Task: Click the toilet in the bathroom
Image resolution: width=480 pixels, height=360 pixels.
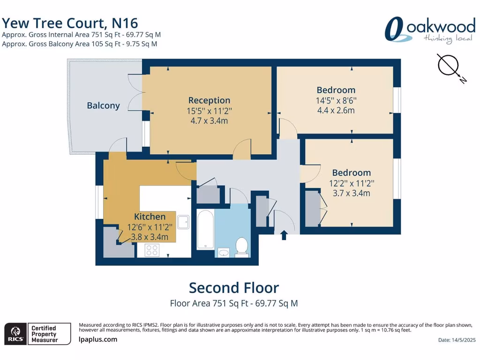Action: (x=241, y=247)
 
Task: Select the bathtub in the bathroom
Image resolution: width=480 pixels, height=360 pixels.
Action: (x=206, y=230)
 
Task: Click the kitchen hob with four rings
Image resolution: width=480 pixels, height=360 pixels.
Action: (x=152, y=250)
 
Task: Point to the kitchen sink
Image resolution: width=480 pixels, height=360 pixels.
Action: (x=183, y=222)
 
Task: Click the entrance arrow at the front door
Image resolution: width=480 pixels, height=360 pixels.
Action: (x=284, y=234)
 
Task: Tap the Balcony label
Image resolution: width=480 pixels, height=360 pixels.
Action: (x=103, y=105)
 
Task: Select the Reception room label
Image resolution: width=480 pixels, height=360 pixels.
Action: (x=209, y=100)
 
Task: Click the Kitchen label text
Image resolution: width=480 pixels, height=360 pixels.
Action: (x=150, y=217)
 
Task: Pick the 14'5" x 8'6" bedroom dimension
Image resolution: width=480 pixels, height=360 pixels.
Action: (x=336, y=100)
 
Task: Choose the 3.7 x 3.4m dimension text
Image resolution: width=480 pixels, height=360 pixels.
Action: (x=351, y=193)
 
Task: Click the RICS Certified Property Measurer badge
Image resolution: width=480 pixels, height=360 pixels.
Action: (x=37, y=334)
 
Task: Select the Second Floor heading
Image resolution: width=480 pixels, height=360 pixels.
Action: (x=233, y=287)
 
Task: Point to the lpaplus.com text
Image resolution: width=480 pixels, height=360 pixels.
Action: (x=98, y=339)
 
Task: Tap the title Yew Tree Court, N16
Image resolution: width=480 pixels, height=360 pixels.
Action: (x=70, y=22)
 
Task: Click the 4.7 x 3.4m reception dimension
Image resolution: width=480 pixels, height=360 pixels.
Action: (x=209, y=121)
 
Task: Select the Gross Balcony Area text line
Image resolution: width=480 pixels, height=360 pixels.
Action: (x=79, y=44)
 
